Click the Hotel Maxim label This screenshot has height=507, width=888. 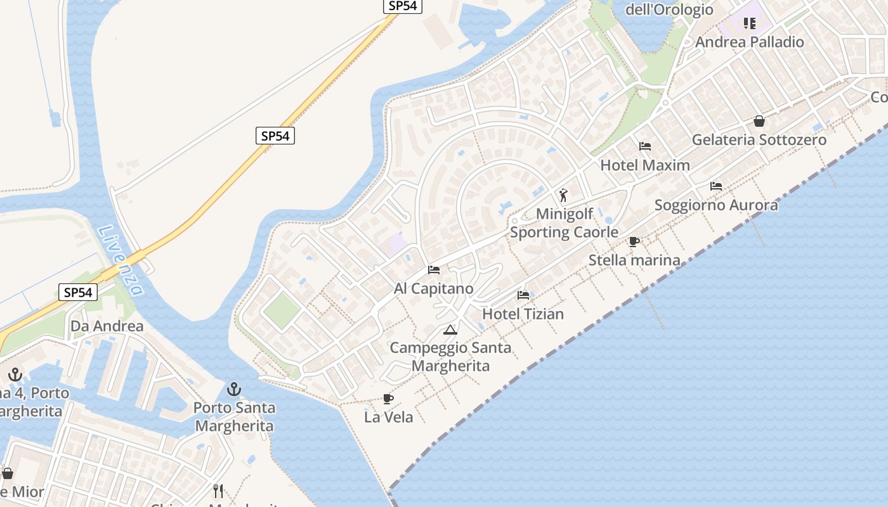(645, 165)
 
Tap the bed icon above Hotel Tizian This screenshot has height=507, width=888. (523, 295)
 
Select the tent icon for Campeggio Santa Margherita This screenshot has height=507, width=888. (450, 330)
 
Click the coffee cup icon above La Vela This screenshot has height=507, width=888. (388, 399)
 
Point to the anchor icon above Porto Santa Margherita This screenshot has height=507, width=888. (235, 388)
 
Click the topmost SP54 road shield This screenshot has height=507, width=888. (403, 6)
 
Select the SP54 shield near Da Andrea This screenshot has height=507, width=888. (79, 292)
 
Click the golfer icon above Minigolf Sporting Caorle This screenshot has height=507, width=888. (563, 195)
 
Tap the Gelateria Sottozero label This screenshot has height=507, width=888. (759, 140)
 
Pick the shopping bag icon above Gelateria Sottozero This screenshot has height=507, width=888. (759, 121)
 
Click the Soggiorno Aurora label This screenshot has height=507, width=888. (716, 205)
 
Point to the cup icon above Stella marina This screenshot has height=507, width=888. (634, 241)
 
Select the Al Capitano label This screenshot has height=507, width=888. (434, 289)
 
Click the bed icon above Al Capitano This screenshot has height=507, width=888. (434, 270)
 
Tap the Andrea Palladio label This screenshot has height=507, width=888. (750, 42)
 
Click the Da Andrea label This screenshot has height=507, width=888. (107, 326)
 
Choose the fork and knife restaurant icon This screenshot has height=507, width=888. (218, 491)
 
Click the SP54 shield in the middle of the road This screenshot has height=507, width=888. (275, 135)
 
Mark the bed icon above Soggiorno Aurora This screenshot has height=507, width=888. (716, 186)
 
